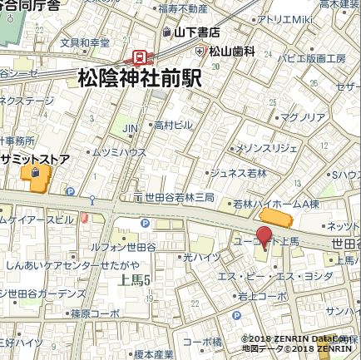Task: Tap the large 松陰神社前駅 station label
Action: (140, 78)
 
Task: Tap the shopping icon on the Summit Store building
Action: (35, 172)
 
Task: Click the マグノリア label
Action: (302, 117)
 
